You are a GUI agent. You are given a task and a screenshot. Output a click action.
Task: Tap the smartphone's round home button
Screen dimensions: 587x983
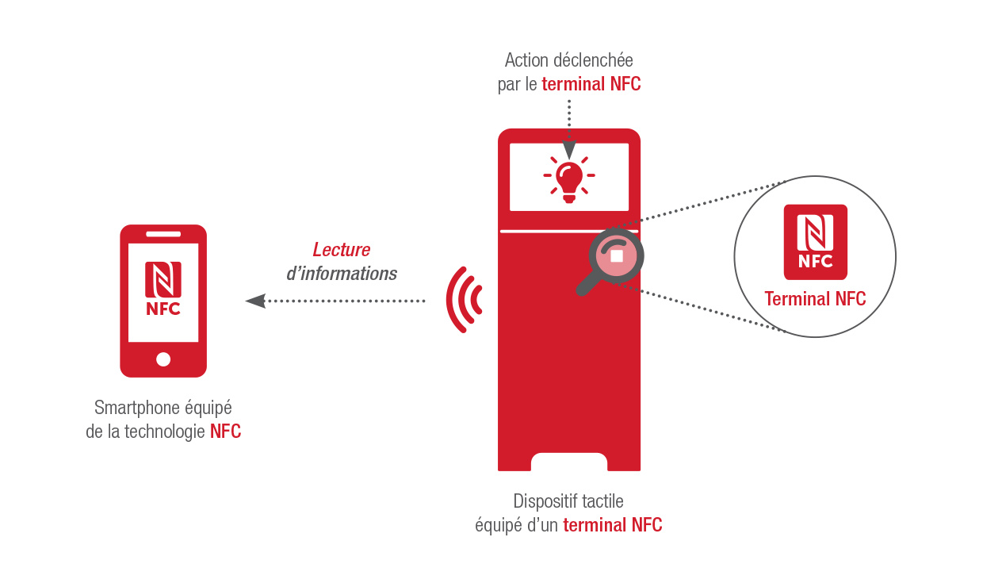pos(163,359)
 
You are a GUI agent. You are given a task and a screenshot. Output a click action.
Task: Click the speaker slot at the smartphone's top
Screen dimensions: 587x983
pos(163,234)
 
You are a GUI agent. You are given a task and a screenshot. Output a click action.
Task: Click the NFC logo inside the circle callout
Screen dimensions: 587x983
pos(815,242)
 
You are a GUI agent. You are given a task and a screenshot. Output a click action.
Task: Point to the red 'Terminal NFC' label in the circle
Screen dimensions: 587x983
pos(815,299)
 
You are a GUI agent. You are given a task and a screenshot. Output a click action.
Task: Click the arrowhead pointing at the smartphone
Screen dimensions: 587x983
pos(255,301)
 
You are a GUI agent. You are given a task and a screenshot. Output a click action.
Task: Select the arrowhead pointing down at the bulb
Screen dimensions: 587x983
pos(569,150)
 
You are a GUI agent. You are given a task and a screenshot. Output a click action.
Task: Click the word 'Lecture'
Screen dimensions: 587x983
pos(342,250)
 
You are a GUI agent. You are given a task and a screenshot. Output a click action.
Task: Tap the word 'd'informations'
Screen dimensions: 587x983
pos(342,274)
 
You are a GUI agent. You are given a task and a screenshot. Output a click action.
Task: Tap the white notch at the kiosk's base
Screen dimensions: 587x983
pos(569,462)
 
